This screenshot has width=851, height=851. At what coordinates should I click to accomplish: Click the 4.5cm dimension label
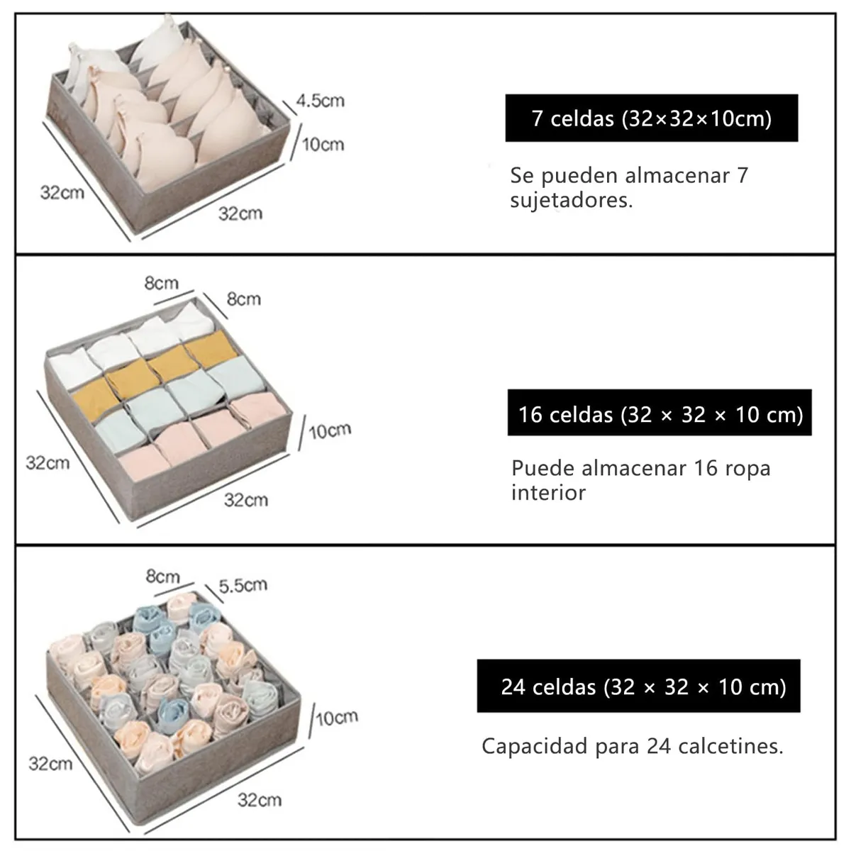click(x=320, y=101)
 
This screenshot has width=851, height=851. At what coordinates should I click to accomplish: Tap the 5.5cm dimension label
click(x=243, y=586)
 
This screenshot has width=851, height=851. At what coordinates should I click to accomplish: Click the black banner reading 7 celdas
click(x=652, y=118)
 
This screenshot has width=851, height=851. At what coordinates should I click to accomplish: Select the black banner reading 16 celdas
click(x=660, y=413)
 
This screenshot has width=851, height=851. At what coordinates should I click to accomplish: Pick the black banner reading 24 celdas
click(x=638, y=686)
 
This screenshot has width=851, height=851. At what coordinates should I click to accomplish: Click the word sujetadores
click(x=572, y=200)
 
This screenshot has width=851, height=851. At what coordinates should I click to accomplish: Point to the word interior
click(x=548, y=492)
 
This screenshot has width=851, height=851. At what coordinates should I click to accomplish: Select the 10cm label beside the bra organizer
click(x=323, y=145)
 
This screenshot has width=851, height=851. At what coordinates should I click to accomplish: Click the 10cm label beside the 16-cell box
click(x=330, y=430)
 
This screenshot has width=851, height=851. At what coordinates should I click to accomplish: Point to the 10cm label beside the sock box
click(x=337, y=718)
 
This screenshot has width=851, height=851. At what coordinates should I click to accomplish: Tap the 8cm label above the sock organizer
click(x=162, y=576)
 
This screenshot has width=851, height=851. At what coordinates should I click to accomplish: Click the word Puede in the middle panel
click(x=544, y=468)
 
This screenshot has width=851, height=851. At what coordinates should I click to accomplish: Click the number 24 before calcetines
click(x=659, y=746)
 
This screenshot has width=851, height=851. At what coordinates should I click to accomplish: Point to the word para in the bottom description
click(x=618, y=748)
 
